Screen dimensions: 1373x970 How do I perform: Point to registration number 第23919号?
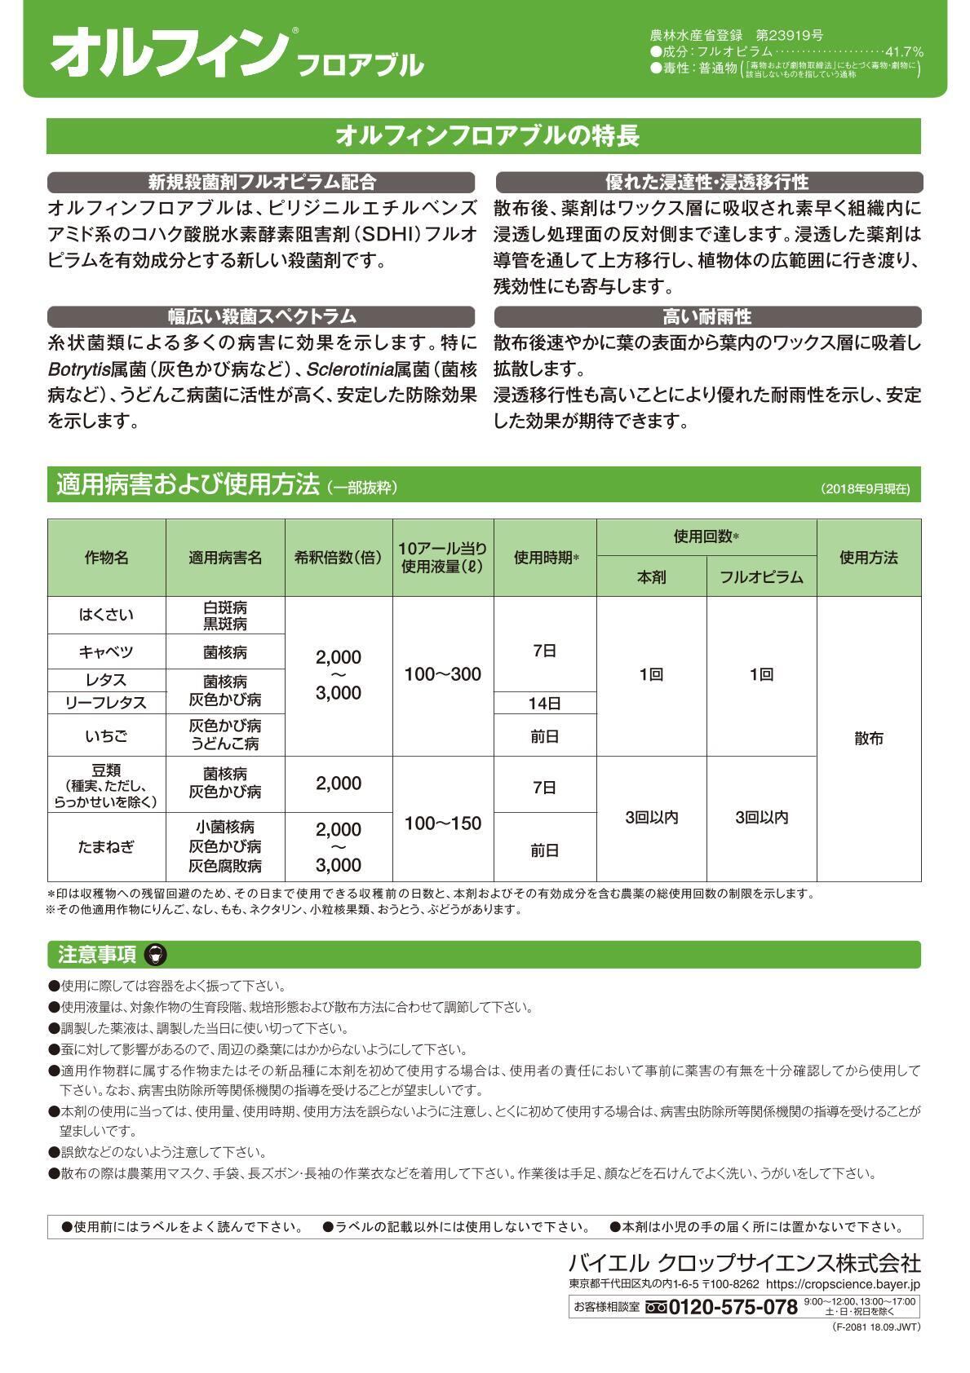point(789,35)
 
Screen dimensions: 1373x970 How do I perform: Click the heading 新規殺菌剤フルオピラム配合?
point(261,183)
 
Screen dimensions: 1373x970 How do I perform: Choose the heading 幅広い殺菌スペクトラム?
point(261,316)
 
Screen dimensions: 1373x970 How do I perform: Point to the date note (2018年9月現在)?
point(865,489)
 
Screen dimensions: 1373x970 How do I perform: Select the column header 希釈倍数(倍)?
point(338,558)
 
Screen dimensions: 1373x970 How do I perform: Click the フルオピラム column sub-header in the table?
point(761,577)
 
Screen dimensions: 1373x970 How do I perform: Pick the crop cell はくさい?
point(106,615)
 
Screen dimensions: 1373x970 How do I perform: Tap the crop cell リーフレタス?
point(106,703)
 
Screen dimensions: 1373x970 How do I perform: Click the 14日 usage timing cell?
point(544,703)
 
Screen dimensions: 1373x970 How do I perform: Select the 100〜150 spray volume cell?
point(443,823)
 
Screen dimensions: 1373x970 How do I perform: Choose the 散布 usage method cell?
point(868,739)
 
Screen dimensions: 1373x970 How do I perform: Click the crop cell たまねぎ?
point(106,846)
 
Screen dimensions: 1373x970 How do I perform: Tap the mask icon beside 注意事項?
point(154,955)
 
